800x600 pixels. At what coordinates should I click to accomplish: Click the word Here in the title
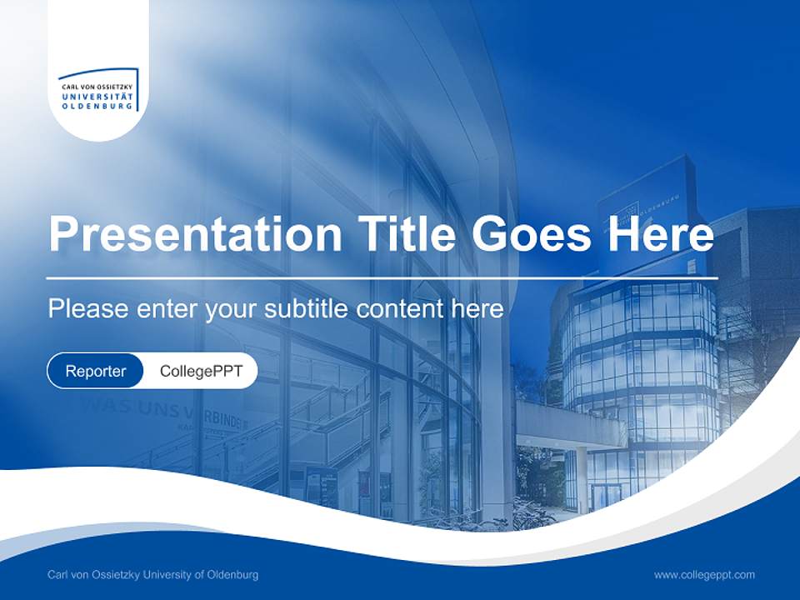click(x=660, y=235)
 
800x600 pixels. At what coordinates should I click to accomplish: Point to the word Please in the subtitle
click(x=83, y=309)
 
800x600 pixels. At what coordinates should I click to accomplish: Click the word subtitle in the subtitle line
click(x=306, y=309)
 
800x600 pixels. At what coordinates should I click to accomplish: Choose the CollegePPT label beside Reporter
click(x=201, y=371)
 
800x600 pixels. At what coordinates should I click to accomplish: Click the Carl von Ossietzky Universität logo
click(x=98, y=90)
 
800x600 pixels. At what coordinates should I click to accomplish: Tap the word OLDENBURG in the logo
click(x=97, y=106)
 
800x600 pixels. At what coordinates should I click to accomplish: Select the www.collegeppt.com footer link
click(x=704, y=574)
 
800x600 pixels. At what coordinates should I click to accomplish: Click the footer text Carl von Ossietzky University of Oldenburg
click(x=153, y=574)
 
